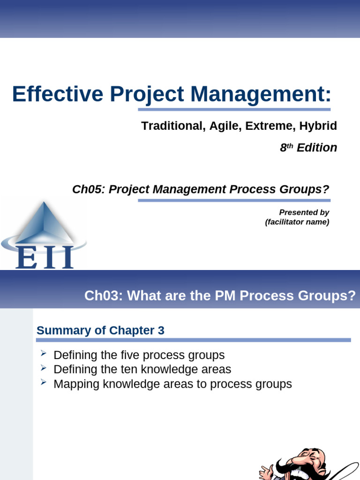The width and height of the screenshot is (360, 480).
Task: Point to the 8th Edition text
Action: pos(308,148)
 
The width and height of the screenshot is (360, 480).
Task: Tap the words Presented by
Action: pos(304,212)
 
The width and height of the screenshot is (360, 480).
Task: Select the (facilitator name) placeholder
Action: pos(297,222)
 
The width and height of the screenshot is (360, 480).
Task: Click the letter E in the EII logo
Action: pos(26,257)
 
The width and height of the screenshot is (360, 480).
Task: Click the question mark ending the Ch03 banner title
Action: pos(352,296)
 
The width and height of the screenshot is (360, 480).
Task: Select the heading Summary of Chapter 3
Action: pos(100,330)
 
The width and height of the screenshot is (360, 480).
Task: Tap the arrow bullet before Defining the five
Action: pos(43,353)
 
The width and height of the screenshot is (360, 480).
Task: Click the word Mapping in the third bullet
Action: pos(76,384)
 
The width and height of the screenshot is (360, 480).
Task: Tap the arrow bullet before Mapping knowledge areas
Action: pos(43,382)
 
